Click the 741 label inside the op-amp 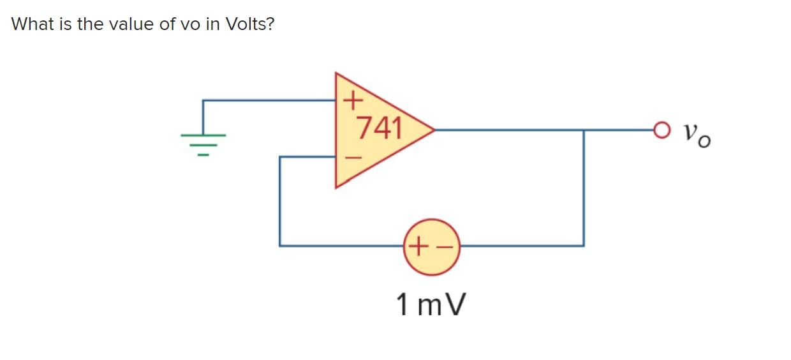click(379, 128)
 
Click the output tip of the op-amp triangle click(434, 130)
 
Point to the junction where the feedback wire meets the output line click(584, 130)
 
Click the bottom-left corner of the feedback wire click(280, 245)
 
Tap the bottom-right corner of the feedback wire click(584, 245)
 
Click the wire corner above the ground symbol click(203, 100)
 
